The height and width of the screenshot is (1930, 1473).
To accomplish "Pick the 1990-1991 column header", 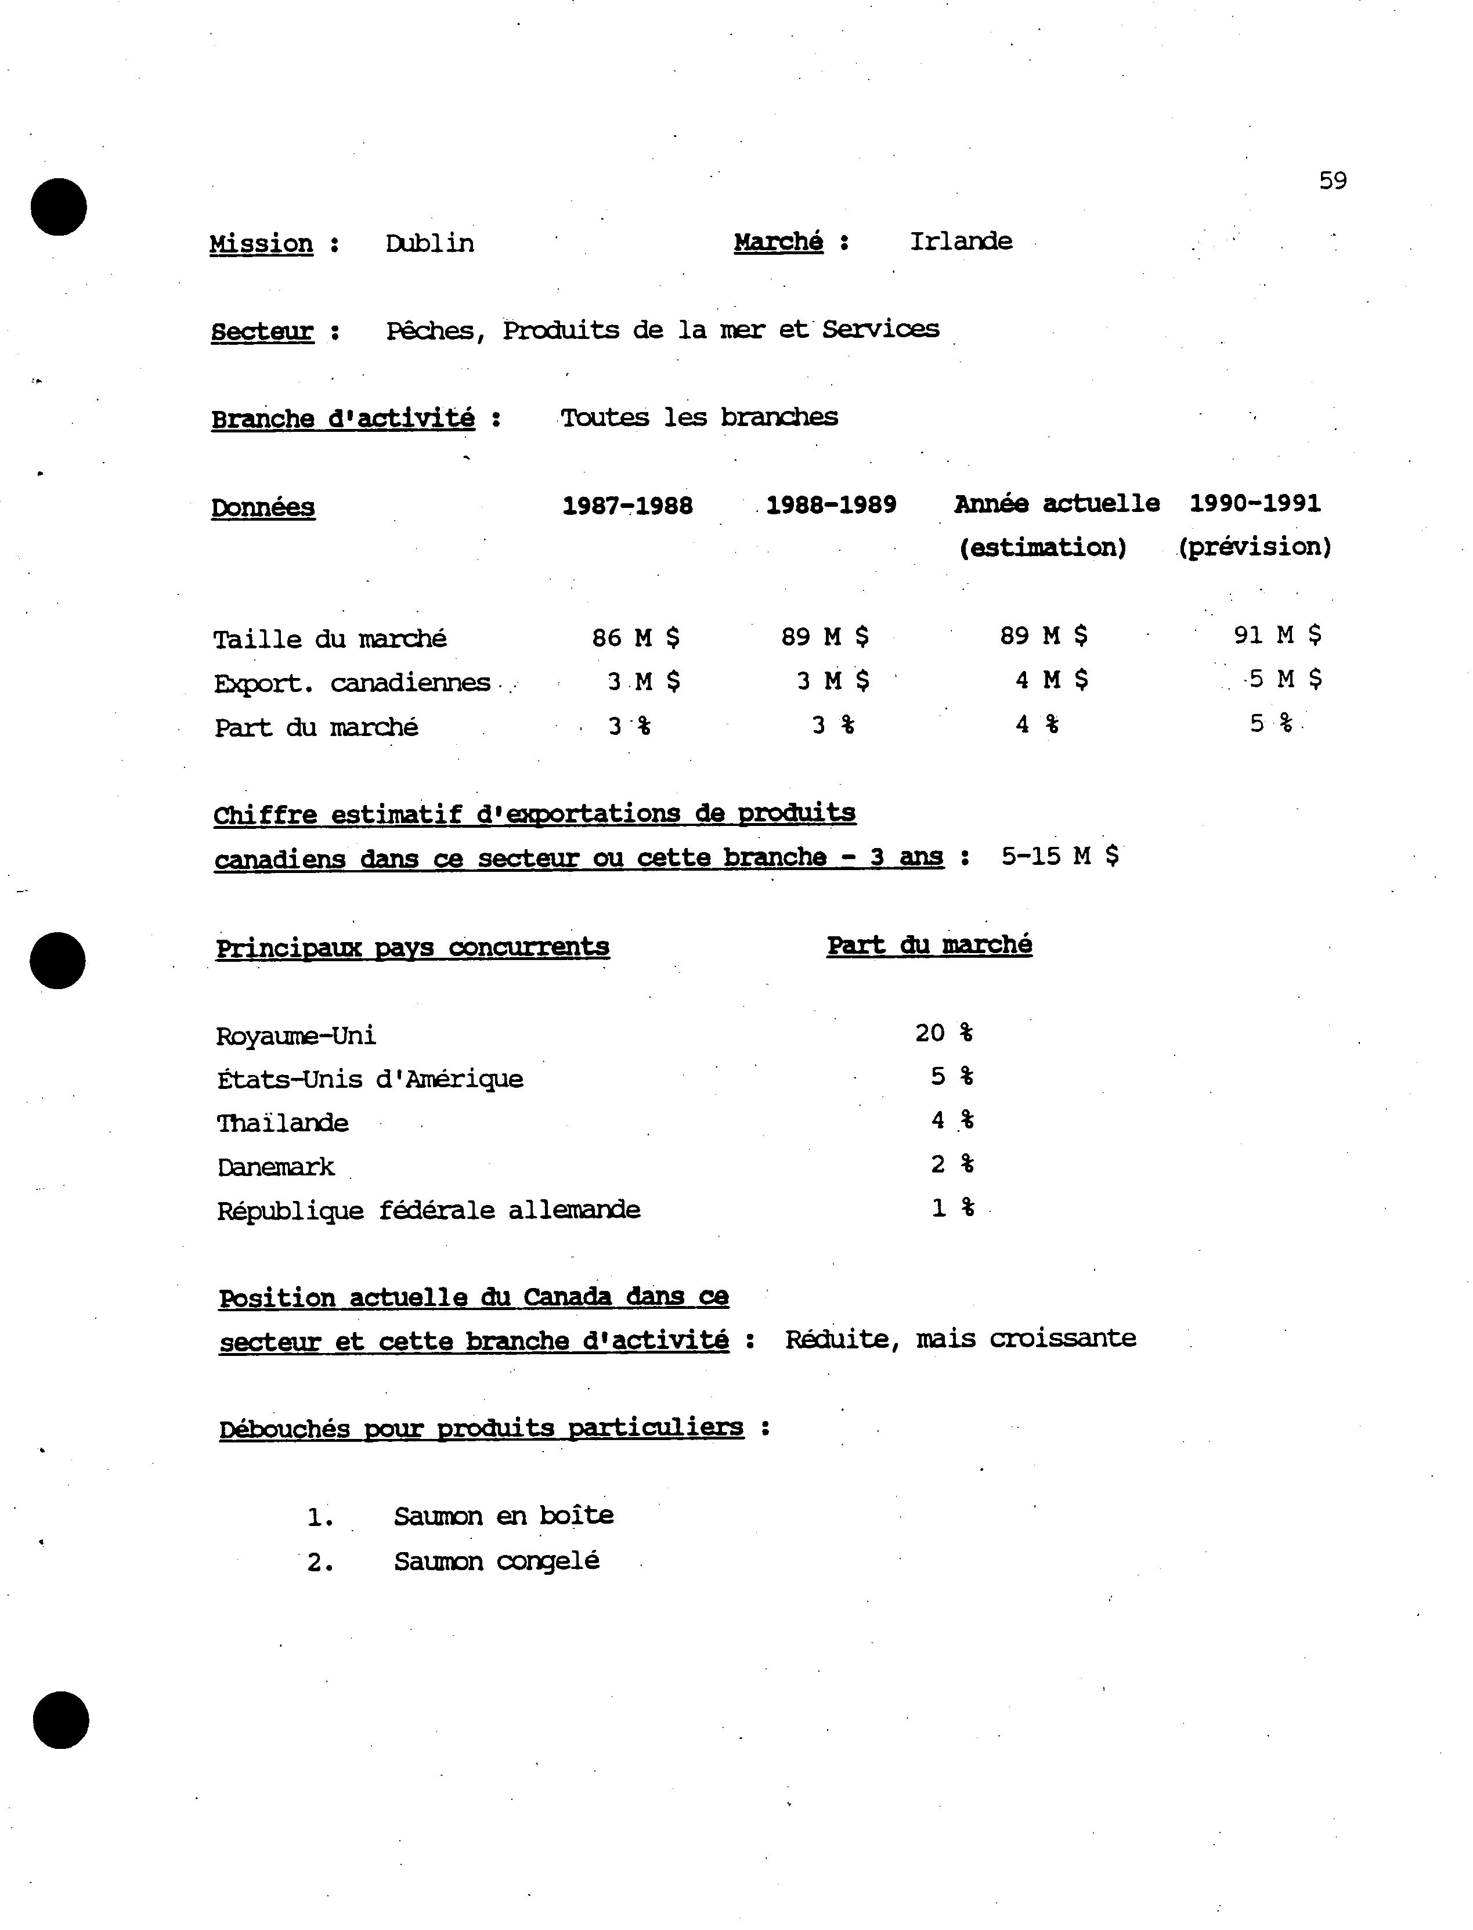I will pos(1255,503).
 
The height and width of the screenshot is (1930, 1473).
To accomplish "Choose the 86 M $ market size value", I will pos(636,637).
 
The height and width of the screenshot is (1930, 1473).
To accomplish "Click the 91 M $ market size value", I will pos(1277,635).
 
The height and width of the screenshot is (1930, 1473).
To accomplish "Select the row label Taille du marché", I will pos(330,639).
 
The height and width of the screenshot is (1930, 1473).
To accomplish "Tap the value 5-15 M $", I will pos(1059,856).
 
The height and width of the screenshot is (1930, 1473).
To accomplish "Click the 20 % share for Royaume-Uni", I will pos(944,1033).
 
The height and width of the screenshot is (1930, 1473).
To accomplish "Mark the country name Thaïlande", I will pos(282,1123).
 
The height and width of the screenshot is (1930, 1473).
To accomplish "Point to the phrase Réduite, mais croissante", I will pos(960,1339).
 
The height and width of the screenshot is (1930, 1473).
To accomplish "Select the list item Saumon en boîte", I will pos(503,1516).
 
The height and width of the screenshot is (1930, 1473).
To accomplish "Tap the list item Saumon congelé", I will pos(496,1562).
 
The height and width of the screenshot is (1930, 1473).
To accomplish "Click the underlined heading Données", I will pos(263,508).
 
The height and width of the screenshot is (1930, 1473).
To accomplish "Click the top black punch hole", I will pos(59,207).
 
